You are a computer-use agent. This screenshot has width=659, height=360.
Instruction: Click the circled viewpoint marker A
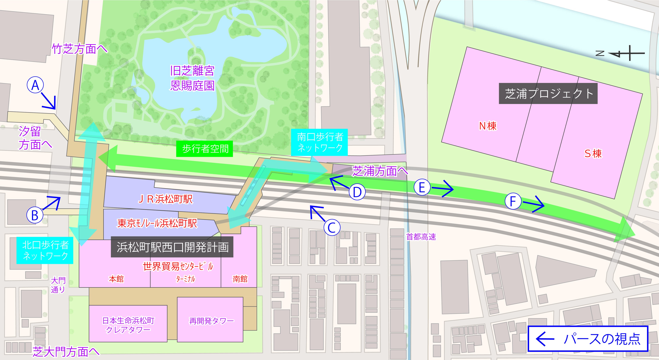point(35,85)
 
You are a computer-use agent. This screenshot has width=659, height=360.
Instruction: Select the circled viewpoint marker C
point(332,227)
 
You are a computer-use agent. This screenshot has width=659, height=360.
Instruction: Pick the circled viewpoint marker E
point(422,187)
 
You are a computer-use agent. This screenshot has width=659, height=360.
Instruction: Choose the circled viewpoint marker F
point(513,201)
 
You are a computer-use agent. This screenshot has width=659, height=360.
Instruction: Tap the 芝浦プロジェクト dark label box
point(548,94)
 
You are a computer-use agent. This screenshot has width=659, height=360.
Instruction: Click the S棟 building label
point(593,154)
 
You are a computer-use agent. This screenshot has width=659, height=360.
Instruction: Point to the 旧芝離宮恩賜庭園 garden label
point(192,78)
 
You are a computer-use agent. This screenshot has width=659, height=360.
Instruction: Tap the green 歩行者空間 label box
point(205,149)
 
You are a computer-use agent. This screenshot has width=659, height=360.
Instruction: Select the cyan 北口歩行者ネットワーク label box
point(45,250)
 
